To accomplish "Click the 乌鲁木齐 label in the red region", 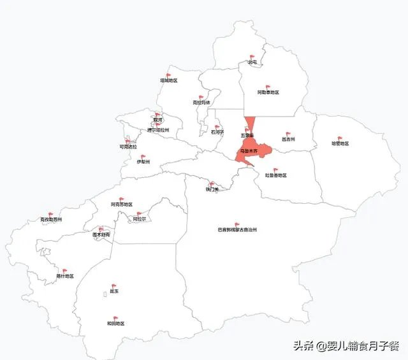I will click(249, 151).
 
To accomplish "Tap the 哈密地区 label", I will click(340, 143).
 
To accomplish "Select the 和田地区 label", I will click(115, 324).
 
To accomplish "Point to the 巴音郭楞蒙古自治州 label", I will click(237, 231).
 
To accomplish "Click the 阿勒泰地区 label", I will click(268, 92).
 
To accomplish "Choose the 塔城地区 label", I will click(168, 81).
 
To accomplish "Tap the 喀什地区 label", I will click(65, 276).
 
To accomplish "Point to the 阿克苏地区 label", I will click(121, 205).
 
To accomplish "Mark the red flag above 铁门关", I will click(213, 184).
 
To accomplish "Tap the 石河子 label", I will click(217, 133).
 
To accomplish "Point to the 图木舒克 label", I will click(101, 235).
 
